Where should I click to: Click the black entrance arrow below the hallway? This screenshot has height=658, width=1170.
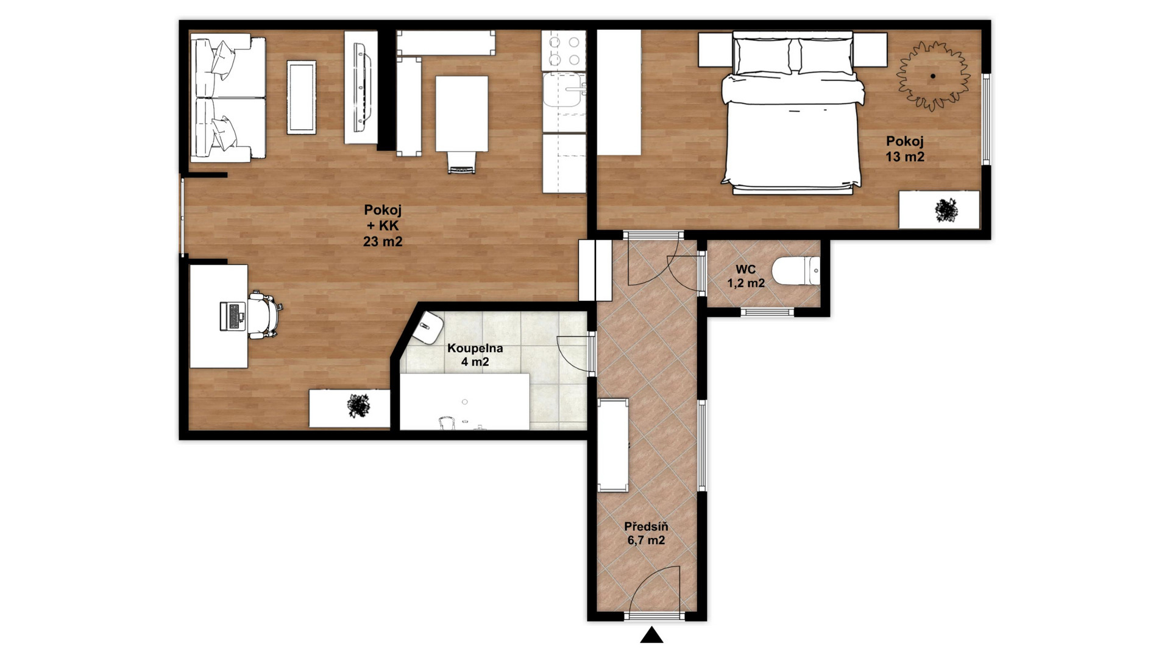(x=651, y=635)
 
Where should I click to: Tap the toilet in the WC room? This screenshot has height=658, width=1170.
(x=796, y=271)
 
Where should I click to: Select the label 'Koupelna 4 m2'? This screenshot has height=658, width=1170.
(x=475, y=355)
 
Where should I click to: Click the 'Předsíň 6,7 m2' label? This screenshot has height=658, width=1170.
(x=646, y=533)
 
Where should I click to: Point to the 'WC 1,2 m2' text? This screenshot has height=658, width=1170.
(x=746, y=276)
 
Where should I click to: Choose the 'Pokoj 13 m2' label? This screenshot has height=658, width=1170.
(x=905, y=149)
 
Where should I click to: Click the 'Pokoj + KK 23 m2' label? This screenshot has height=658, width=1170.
(x=383, y=225)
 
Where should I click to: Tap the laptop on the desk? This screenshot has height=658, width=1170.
(x=232, y=316)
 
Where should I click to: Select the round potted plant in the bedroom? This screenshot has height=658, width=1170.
(x=932, y=76)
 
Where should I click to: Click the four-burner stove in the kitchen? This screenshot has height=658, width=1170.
(x=564, y=50)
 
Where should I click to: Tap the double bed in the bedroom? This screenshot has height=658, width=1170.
(x=793, y=113)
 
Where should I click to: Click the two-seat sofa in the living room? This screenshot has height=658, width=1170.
(x=228, y=97)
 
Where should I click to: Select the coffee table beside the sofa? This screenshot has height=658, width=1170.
(x=302, y=97)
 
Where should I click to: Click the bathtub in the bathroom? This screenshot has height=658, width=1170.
(x=464, y=402)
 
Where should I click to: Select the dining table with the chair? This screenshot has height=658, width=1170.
(x=461, y=122)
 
